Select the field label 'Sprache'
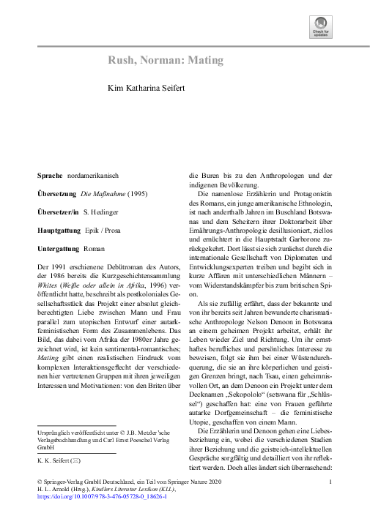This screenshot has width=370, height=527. click(x=51, y=176)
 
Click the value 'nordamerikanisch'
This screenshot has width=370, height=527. click(x=92, y=176)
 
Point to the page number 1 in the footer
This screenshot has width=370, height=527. click(x=331, y=482)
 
